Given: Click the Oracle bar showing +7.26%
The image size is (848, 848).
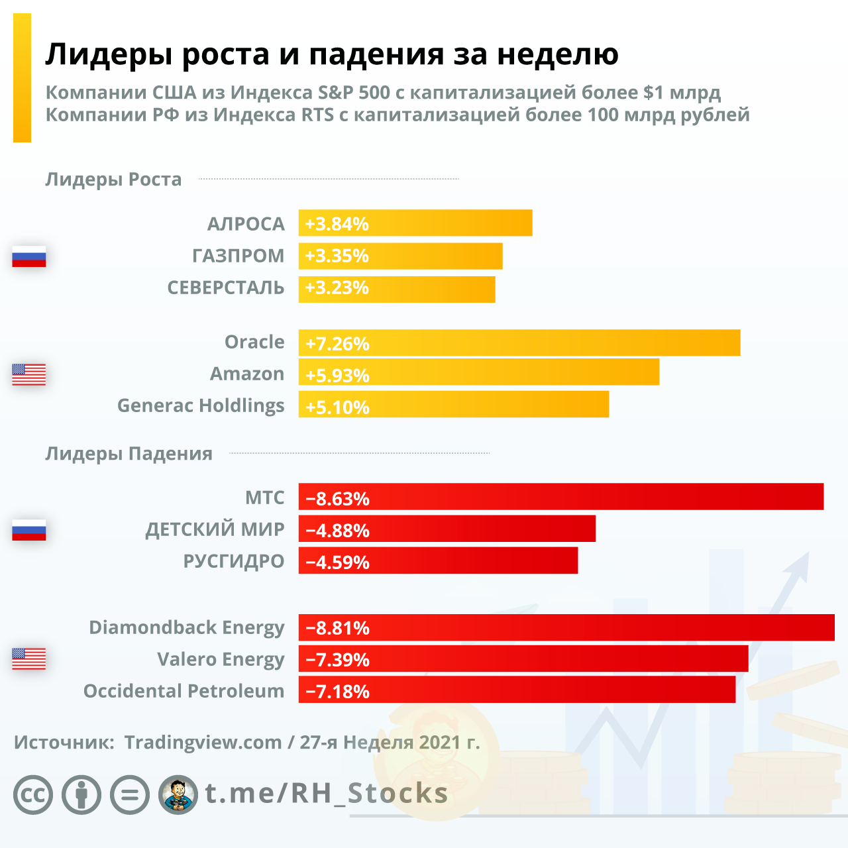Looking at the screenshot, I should pyautogui.click(x=519, y=343).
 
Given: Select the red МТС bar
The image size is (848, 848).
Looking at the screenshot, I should pyautogui.click(x=560, y=497).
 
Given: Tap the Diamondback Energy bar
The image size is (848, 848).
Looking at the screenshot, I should pyautogui.click(x=566, y=627).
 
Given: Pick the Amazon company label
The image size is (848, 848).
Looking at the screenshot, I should pyautogui.click(x=246, y=374).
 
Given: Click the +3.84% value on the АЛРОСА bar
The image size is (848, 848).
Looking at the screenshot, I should pyautogui.click(x=337, y=224).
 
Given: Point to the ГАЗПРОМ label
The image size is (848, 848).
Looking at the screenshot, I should pyautogui.click(x=238, y=256).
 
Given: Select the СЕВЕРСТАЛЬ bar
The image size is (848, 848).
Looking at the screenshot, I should pyautogui.click(x=397, y=289).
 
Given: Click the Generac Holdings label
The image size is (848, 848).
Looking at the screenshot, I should pyautogui.click(x=200, y=405).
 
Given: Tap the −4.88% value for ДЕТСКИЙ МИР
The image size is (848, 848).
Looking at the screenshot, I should pyautogui.click(x=337, y=530).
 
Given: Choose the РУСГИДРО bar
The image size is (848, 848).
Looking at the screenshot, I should pyautogui.click(x=438, y=561).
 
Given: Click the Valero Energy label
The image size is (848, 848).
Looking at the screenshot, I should pyautogui.click(x=220, y=660).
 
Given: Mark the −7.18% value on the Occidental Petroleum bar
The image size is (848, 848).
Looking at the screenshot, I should pyautogui.click(x=337, y=692).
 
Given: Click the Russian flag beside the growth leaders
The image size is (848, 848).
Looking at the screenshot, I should pyautogui.click(x=29, y=256).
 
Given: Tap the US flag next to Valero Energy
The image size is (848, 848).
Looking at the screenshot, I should pyautogui.click(x=29, y=659).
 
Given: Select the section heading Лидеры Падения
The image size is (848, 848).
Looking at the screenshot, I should pyautogui.click(x=129, y=454).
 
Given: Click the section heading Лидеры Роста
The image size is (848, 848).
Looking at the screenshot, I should pyautogui.click(x=113, y=180).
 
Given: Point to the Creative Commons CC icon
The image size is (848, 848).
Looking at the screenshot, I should pyautogui.click(x=33, y=794).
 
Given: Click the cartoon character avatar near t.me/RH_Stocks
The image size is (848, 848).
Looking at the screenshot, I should pyautogui.click(x=178, y=794).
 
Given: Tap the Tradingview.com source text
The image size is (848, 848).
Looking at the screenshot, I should pyautogui.click(x=203, y=742).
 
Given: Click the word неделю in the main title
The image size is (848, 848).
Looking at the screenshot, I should pyautogui.click(x=558, y=54).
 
